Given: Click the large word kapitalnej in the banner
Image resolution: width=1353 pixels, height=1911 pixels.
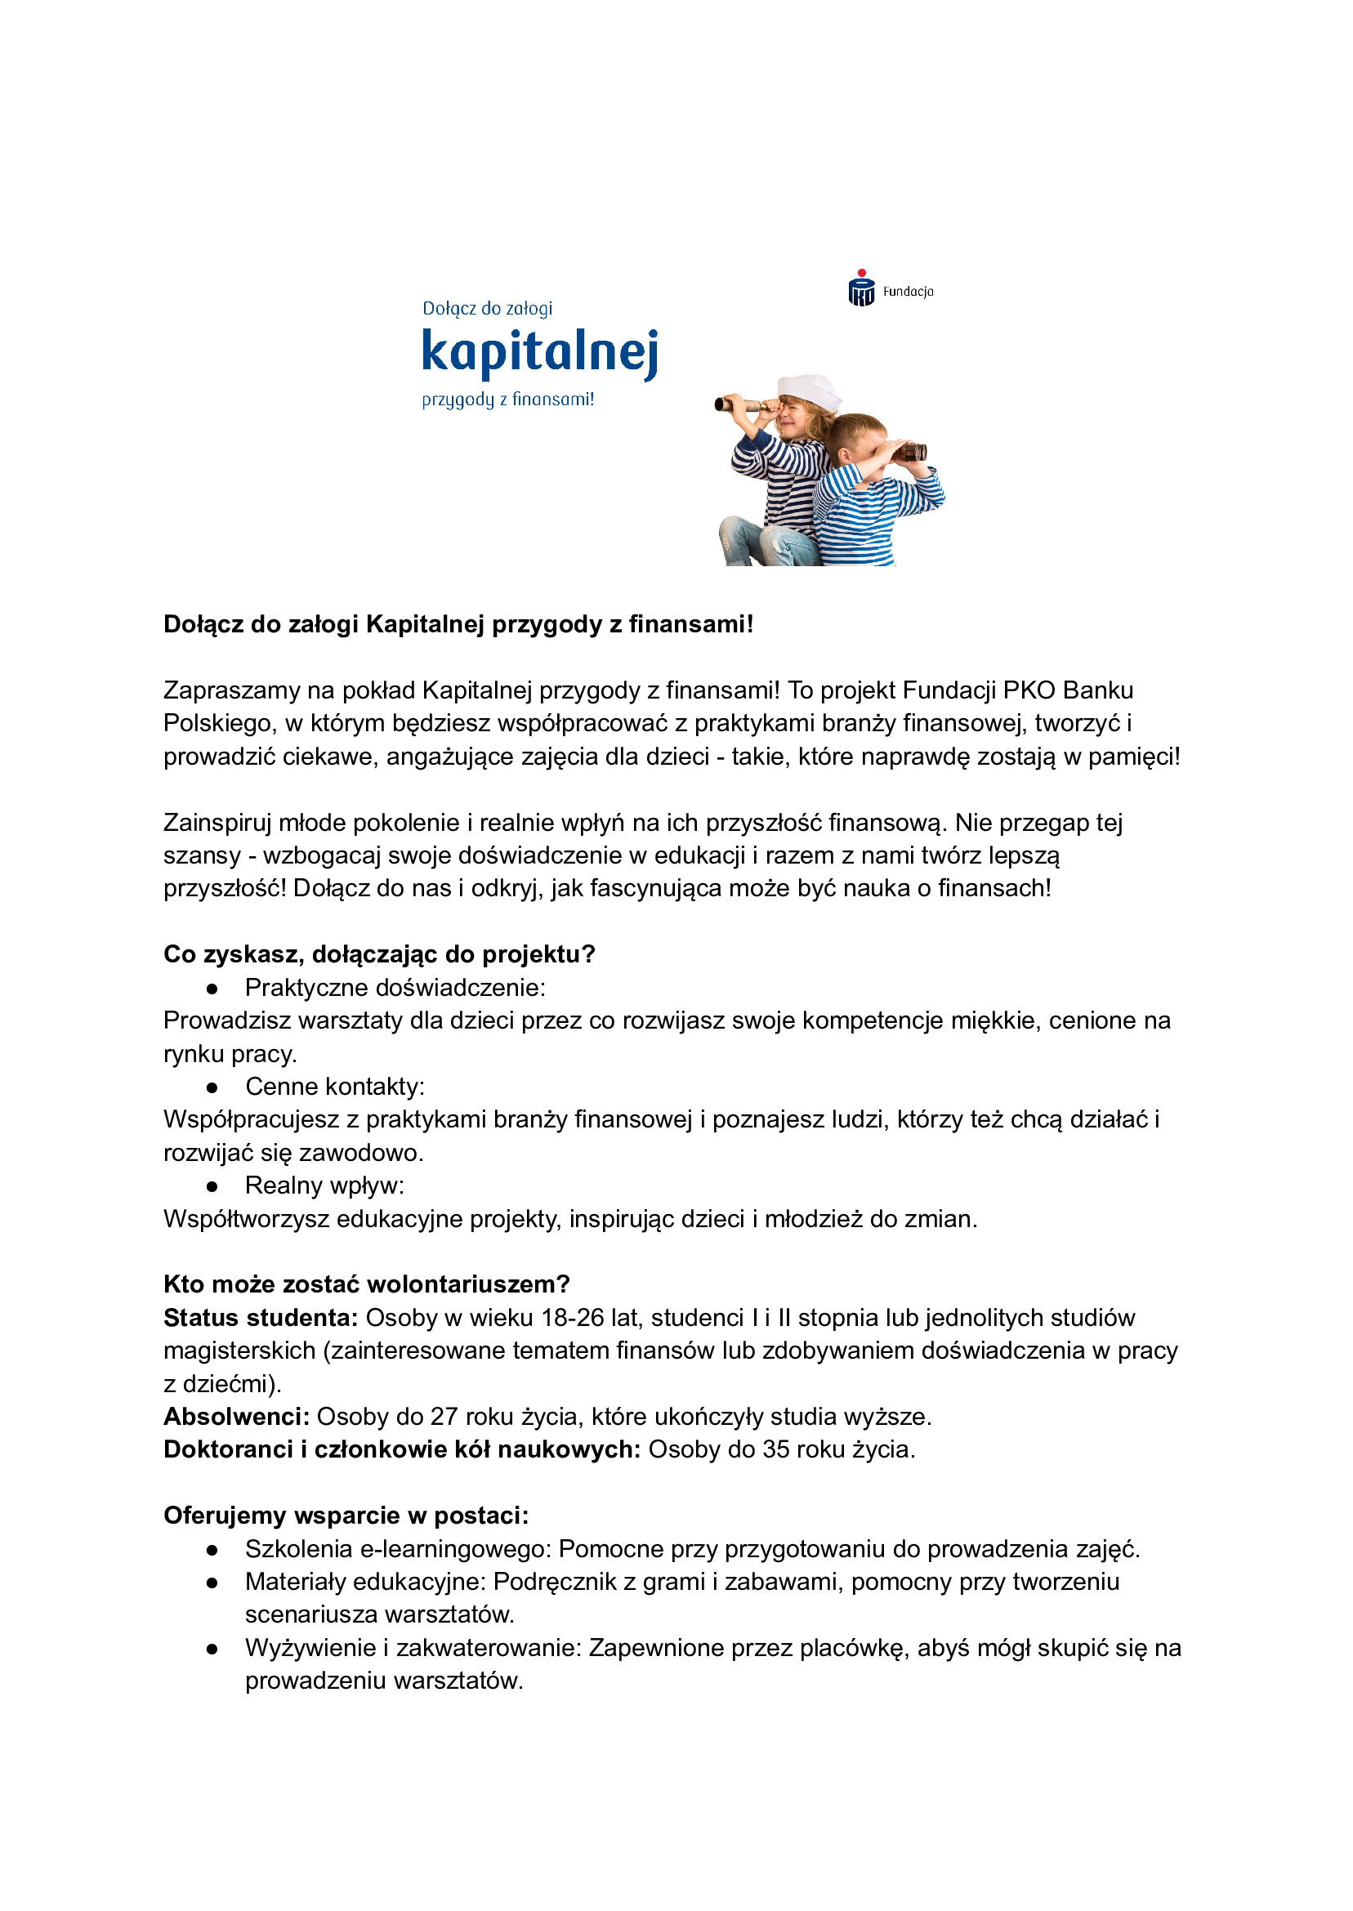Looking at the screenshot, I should click(x=540, y=351).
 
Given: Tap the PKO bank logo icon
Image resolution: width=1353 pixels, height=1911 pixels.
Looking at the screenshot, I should click(x=861, y=289).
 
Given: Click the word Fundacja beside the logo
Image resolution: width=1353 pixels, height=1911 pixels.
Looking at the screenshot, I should click(x=908, y=292).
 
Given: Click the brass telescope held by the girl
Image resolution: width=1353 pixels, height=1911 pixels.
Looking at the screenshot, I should click(x=747, y=406).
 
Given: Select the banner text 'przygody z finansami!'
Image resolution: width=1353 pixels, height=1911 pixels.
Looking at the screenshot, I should click(x=507, y=400).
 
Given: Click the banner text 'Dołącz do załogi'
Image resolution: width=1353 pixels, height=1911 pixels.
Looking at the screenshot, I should click(x=488, y=309).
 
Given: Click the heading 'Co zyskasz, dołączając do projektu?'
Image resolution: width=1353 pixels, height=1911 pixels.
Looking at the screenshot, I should click(x=379, y=954).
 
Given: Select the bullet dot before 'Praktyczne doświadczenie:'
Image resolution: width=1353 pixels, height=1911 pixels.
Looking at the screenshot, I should click(x=212, y=989).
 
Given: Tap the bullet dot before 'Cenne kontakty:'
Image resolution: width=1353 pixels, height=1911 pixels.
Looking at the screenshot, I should click(x=212, y=1088).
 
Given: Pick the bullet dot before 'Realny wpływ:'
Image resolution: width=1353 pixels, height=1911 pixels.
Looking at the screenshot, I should click(x=212, y=1186).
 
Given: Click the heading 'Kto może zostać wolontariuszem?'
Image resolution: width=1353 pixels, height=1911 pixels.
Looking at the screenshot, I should click(x=367, y=1284).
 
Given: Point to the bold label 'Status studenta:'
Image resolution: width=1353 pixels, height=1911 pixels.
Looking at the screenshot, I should click(x=261, y=1318).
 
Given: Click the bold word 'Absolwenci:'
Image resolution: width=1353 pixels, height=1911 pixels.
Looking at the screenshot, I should click(x=237, y=1417).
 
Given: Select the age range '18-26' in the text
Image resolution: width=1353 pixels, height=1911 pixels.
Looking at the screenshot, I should click(x=573, y=1318).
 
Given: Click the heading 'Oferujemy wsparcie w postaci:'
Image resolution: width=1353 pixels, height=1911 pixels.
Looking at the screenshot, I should click(x=346, y=1516).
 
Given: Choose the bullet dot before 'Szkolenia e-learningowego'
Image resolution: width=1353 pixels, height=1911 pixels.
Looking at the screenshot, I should click(x=212, y=1549).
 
